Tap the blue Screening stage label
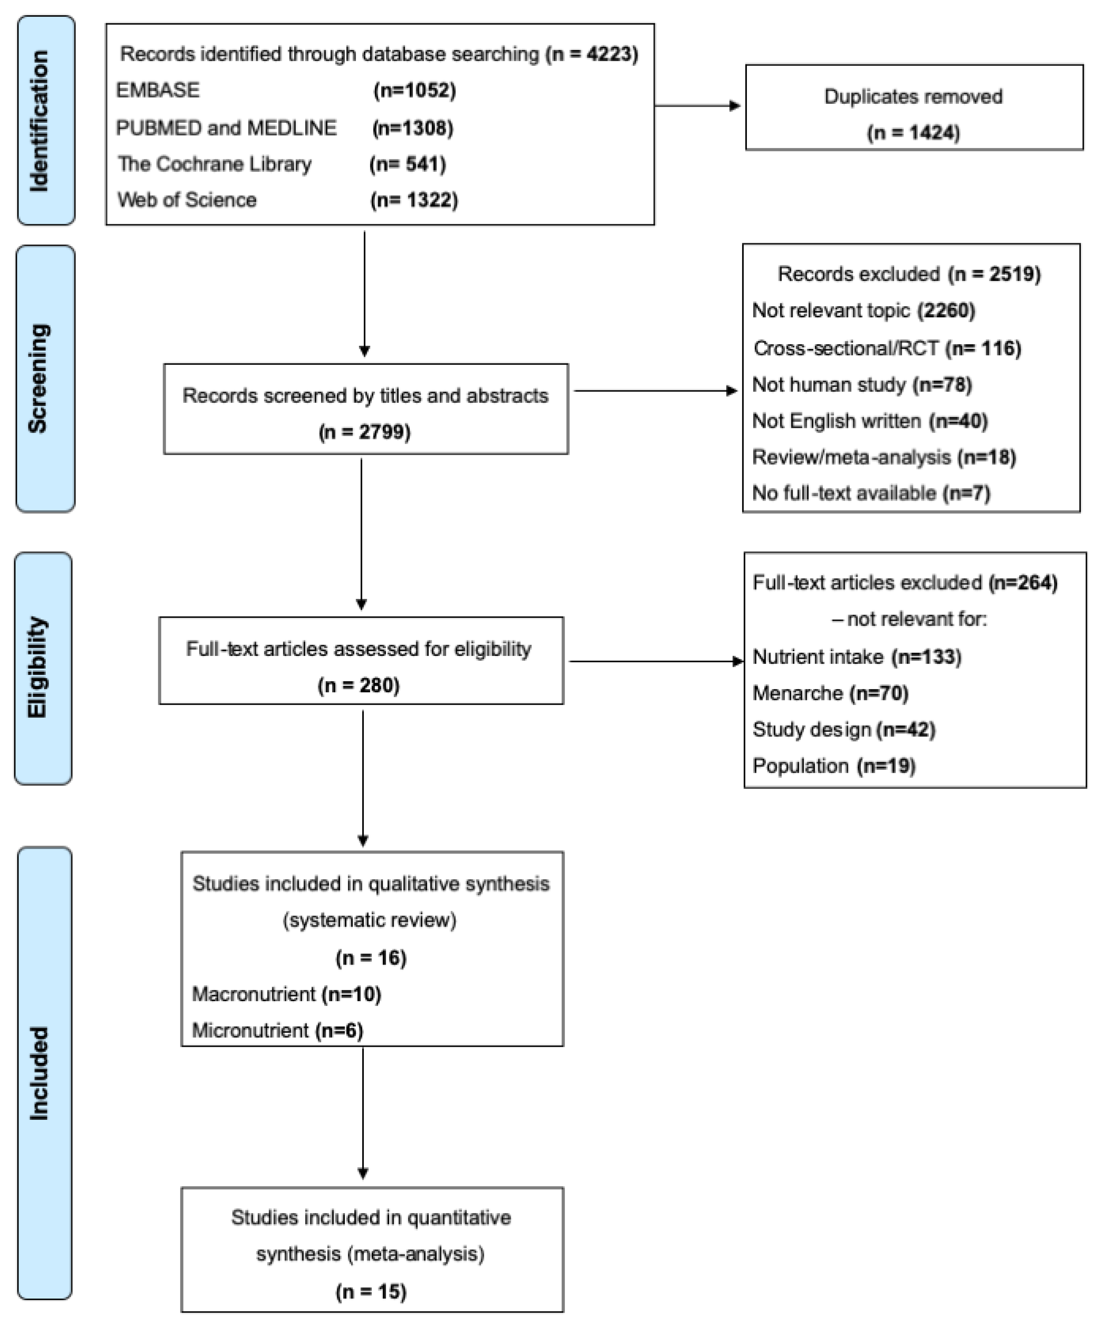45,378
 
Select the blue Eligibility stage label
43,668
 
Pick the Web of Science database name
187,200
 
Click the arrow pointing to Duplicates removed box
698,106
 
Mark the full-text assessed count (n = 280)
358,685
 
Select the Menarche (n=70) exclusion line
830,693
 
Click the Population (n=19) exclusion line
834,766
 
